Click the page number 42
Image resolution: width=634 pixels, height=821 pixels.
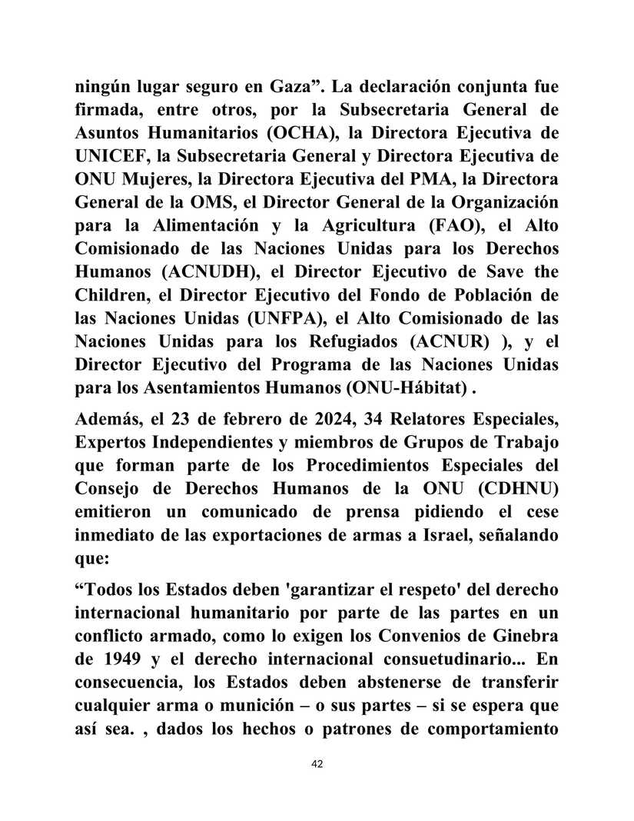tap(316, 764)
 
